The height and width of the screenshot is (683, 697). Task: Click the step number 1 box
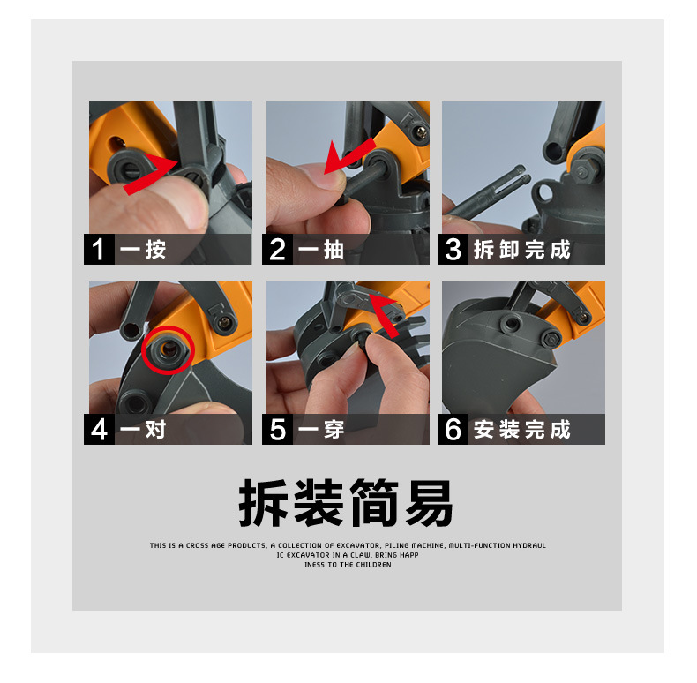click(99, 249)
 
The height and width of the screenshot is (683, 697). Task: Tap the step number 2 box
click(277, 249)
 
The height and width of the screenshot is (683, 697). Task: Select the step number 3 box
click(453, 249)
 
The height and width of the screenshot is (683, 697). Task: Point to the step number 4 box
click(99, 429)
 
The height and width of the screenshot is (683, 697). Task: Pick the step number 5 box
click(277, 429)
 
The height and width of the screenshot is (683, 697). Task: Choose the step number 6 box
click(453, 429)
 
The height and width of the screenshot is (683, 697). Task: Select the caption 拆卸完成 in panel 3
click(521, 249)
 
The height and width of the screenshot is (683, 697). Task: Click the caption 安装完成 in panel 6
click(521, 430)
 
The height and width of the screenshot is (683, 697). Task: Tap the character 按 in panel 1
click(155, 250)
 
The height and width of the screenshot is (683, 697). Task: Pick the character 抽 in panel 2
click(334, 250)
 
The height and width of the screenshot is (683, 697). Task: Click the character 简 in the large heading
click(374, 502)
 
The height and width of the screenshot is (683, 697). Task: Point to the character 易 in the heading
click(430, 502)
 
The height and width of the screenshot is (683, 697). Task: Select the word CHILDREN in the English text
click(373, 565)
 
